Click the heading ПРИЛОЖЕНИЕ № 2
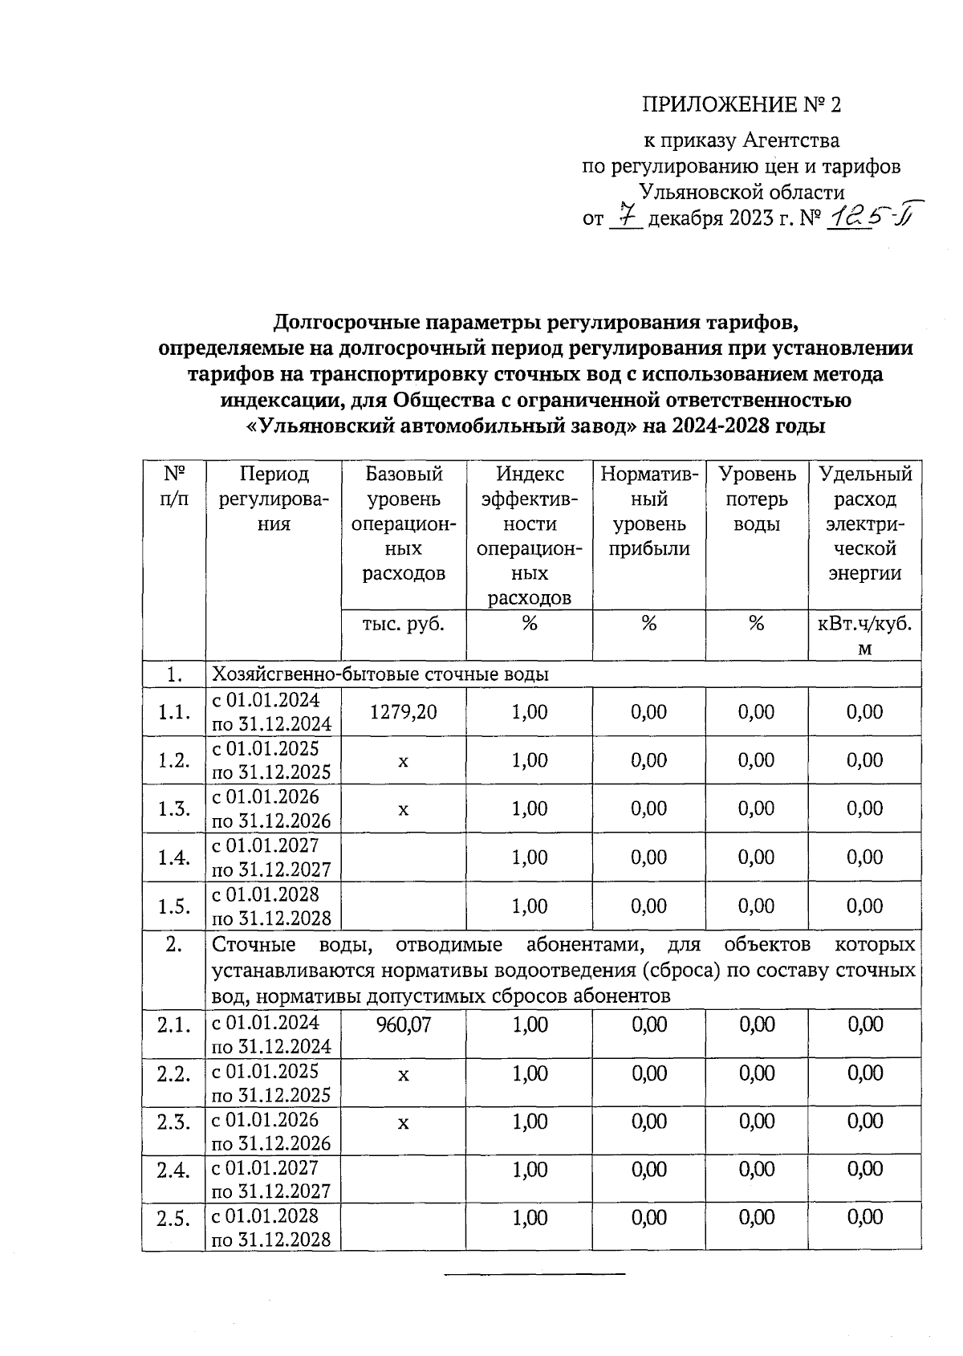[x=742, y=105]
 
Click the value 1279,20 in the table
[x=404, y=712]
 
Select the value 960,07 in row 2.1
[x=404, y=1024]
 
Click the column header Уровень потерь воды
[x=757, y=499]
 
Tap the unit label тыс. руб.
[x=404, y=624]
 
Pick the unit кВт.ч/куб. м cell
[x=864, y=636]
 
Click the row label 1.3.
[x=174, y=808]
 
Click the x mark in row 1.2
[x=404, y=761]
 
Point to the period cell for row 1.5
[x=272, y=906]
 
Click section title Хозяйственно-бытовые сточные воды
[x=380, y=674]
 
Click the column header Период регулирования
[x=274, y=499]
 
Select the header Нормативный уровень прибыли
[x=649, y=511]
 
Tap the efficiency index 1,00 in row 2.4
[x=530, y=1171]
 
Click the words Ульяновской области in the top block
[x=742, y=193]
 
